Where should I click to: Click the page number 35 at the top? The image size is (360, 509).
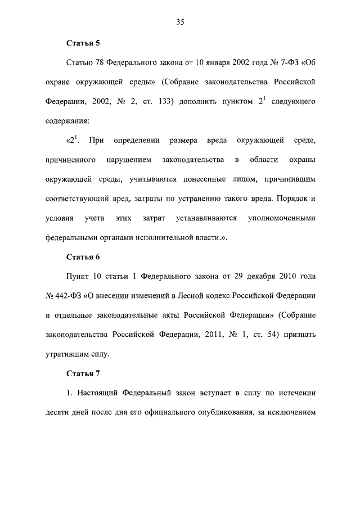pyautogui.click(x=180, y=22)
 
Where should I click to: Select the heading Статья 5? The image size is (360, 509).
pyautogui.click(x=83, y=43)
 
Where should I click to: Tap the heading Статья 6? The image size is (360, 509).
pyautogui.click(x=83, y=257)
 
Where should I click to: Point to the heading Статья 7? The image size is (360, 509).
pyautogui.click(x=83, y=373)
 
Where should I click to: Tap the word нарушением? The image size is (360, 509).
pyautogui.click(x=129, y=160)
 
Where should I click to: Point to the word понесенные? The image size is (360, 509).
pyautogui.click(x=219, y=179)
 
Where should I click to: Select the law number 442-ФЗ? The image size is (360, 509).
pyautogui.click(x=67, y=296)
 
